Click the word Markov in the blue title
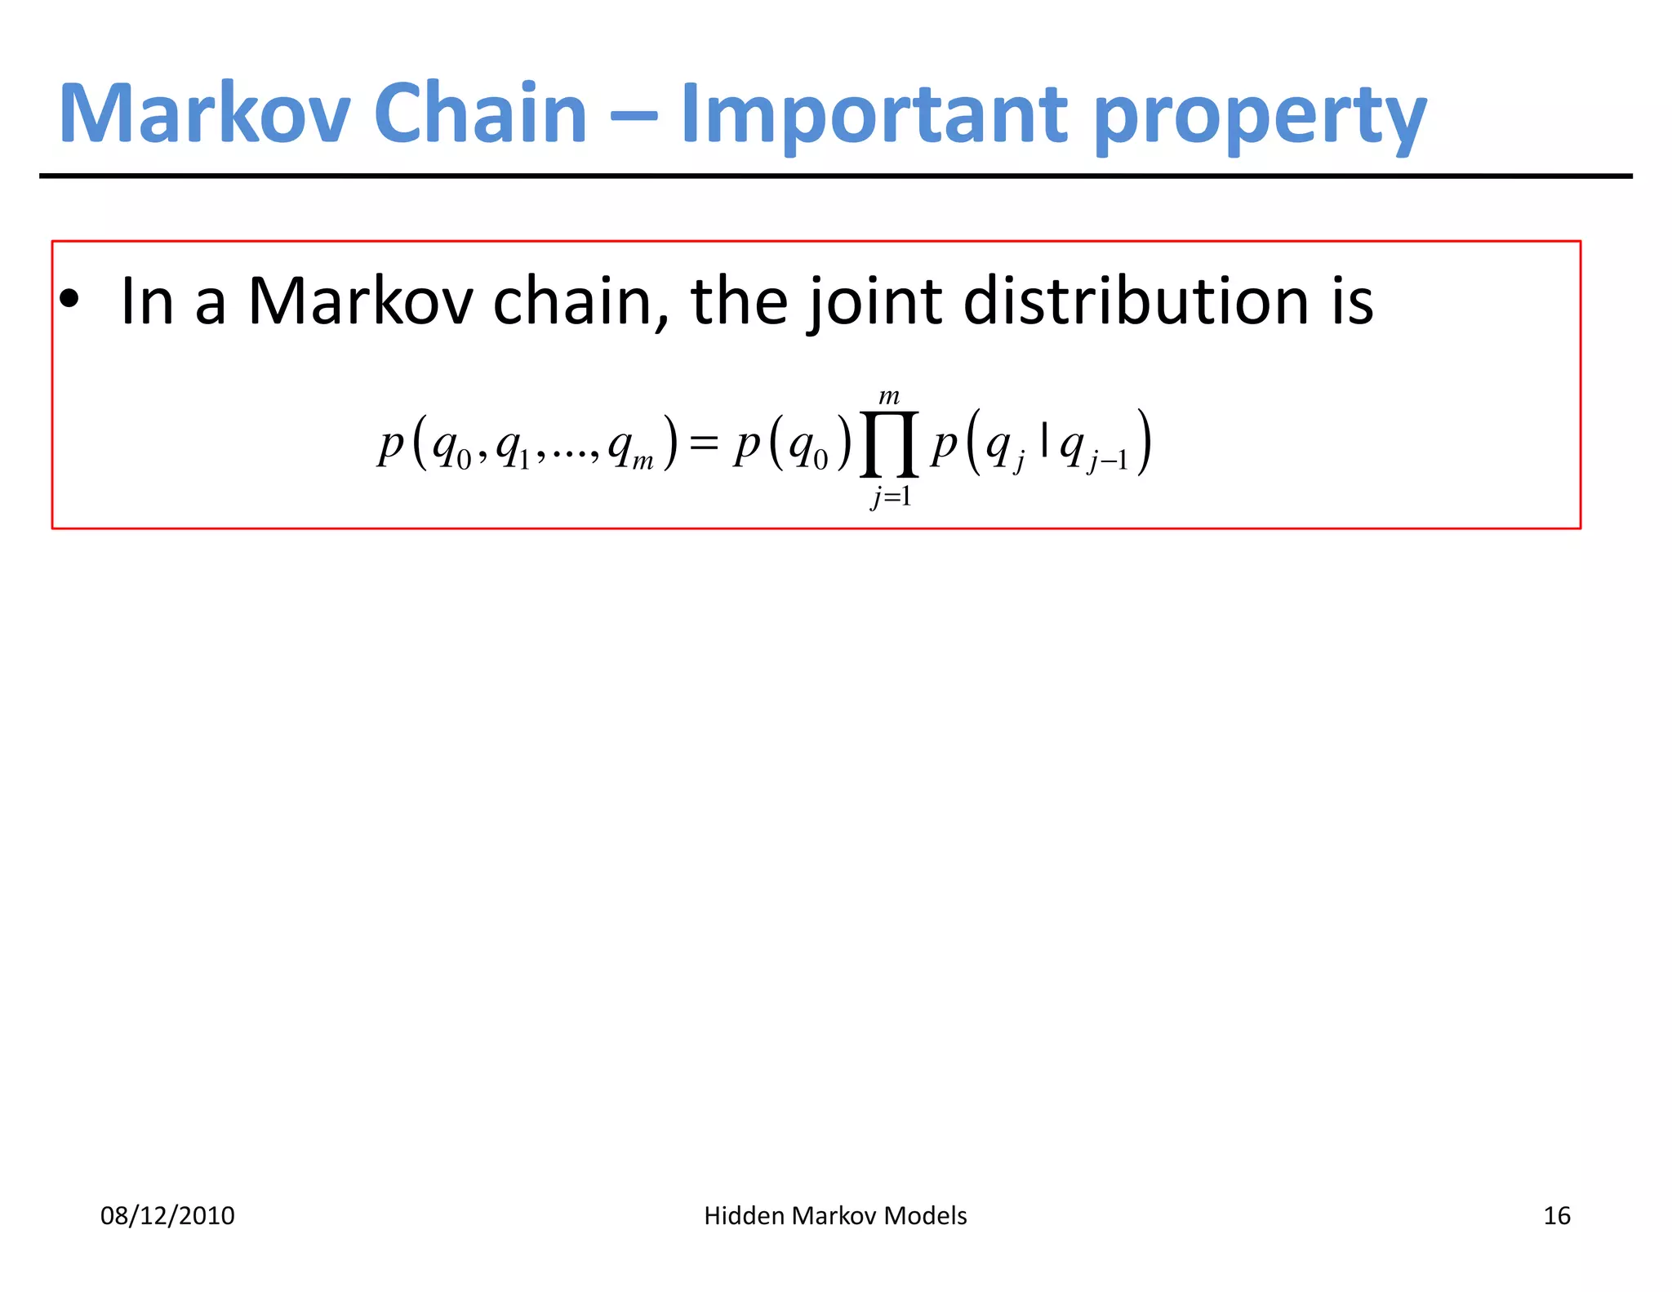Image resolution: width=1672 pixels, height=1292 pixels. click(205, 114)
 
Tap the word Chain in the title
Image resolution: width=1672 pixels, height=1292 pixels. click(480, 114)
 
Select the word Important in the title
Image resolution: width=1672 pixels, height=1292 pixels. click(874, 114)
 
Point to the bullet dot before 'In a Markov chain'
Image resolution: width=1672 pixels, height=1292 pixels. click(70, 300)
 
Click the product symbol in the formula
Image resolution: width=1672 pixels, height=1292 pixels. click(889, 445)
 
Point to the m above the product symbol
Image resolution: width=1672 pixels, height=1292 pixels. click(889, 398)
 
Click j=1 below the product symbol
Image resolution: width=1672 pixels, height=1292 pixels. click(891, 496)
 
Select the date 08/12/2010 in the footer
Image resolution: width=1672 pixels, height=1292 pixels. click(167, 1216)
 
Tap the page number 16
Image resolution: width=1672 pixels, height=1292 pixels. click(1557, 1216)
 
